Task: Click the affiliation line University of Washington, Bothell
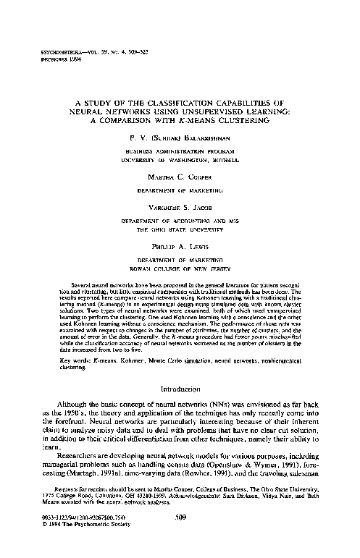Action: [x=180, y=158]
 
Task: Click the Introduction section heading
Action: [x=180, y=389]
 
